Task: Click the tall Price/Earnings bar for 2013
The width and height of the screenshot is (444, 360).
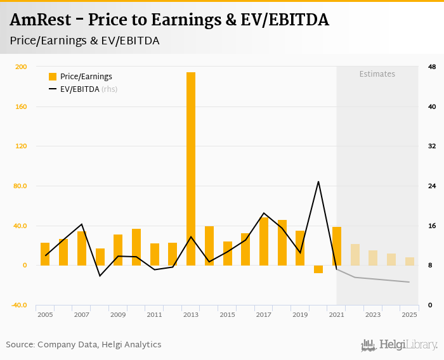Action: [x=191, y=169]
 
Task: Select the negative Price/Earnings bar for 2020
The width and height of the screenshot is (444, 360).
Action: [x=318, y=269]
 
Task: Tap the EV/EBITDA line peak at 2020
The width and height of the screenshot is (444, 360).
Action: [x=318, y=182]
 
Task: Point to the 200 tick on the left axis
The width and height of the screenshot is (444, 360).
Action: [x=21, y=67]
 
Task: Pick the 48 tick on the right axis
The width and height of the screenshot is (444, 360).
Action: [x=432, y=67]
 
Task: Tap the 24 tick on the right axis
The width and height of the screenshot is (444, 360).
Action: [x=432, y=186]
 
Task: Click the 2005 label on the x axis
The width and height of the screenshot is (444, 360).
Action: [x=45, y=314]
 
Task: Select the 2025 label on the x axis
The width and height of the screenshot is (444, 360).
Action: [x=409, y=314]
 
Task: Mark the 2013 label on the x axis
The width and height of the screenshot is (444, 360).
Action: [x=191, y=314]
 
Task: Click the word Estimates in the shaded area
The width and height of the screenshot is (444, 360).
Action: [x=377, y=74]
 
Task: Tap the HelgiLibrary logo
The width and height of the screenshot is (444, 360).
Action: [x=400, y=345]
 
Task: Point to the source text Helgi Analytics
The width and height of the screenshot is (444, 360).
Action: [x=131, y=345]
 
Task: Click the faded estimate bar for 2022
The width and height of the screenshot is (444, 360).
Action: [x=355, y=255]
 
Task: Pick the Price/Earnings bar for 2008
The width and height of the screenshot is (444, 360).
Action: [x=100, y=257]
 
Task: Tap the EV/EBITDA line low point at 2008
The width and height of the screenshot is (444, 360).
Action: [x=100, y=276]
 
